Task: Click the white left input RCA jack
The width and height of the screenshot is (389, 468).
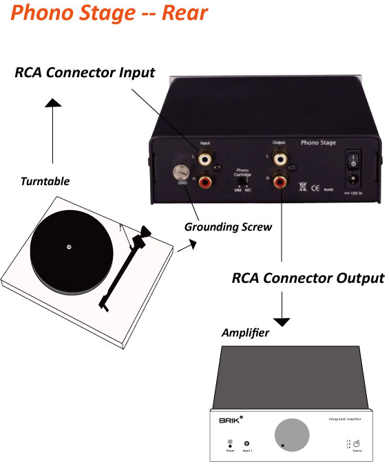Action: click(x=205, y=158)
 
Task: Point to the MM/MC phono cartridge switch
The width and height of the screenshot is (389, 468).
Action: click(x=241, y=180)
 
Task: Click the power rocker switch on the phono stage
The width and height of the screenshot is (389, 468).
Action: click(x=353, y=161)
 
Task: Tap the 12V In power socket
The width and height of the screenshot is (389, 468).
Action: click(x=353, y=180)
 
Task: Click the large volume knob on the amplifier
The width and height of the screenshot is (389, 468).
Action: click(x=293, y=436)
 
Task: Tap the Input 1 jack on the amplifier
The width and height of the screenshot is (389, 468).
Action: click(x=247, y=444)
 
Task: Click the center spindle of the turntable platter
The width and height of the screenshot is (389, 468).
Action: click(x=68, y=246)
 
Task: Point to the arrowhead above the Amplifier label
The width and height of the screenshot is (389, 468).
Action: click(x=283, y=321)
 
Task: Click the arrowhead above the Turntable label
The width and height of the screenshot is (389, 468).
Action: click(x=53, y=103)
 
